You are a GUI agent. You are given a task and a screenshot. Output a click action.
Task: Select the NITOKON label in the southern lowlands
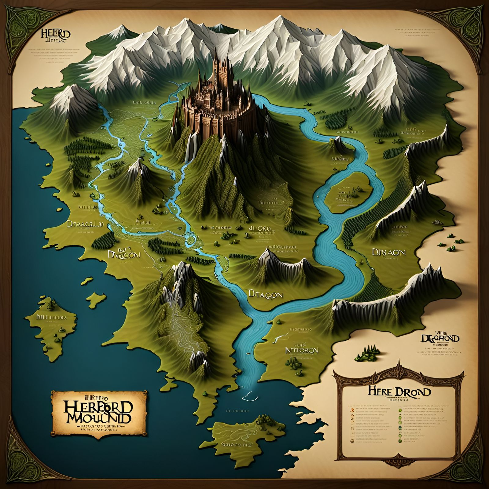click(301, 350)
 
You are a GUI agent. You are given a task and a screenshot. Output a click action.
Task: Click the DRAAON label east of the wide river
click(389, 252)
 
